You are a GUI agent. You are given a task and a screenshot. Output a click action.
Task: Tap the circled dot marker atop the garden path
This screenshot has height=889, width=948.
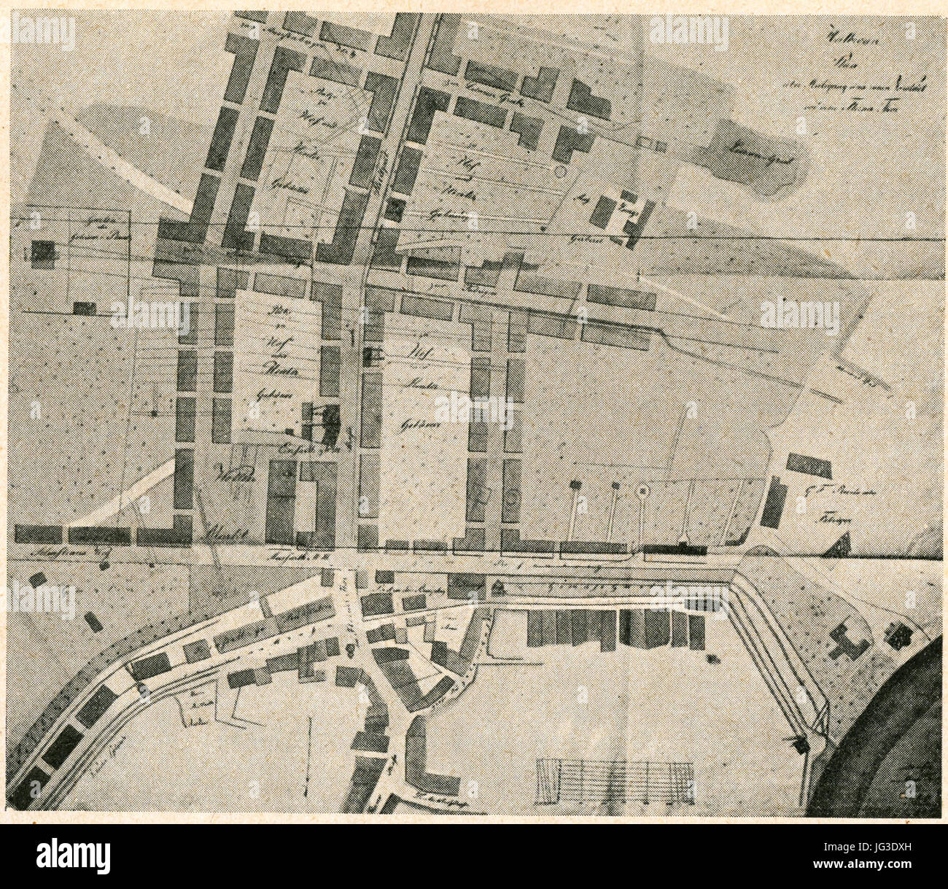click(x=642, y=492)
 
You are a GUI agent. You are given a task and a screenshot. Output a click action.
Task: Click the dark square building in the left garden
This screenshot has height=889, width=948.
click(x=42, y=253)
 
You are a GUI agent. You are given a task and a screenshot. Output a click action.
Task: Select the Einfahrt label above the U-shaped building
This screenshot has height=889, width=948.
click(x=297, y=449)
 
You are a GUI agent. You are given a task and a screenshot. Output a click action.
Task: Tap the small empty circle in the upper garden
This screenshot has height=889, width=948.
click(x=559, y=171)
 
